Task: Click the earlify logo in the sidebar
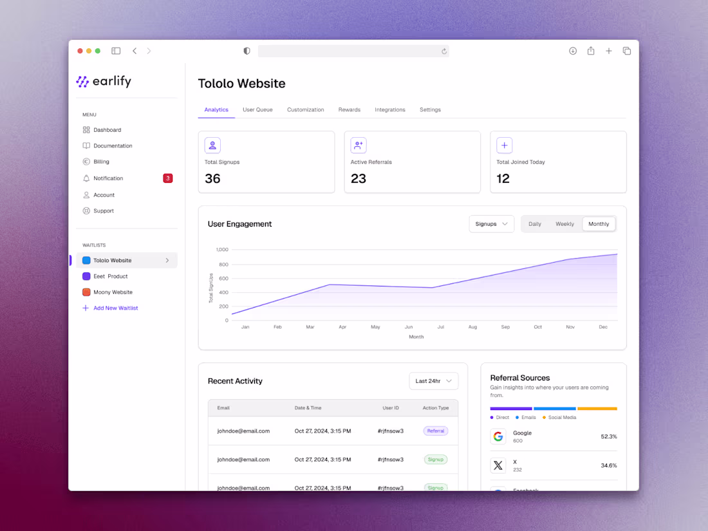click(x=104, y=82)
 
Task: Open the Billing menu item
click(x=101, y=162)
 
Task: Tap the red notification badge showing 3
click(x=167, y=178)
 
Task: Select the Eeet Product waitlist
click(x=110, y=276)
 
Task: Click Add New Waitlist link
click(x=115, y=308)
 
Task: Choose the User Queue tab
click(x=257, y=110)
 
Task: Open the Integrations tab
click(x=390, y=110)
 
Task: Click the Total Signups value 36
click(x=212, y=179)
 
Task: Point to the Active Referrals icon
click(x=359, y=145)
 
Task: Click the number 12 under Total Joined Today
click(x=503, y=179)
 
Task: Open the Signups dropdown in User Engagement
click(x=492, y=224)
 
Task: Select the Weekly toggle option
click(x=564, y=224)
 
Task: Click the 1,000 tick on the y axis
click(x=222, y=249)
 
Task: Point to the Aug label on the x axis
click(x=472, y=327)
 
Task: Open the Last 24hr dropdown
click(x=434, y=381)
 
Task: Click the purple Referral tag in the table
click(x=436, y=431)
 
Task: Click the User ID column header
click(x=391, y=408)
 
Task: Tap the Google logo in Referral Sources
click(x=498, y=436)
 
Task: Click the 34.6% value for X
click(x=608, y=465)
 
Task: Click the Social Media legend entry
click(x=561, y=418)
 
